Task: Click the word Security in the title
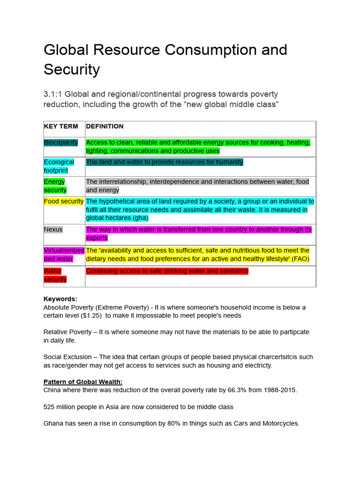[72, 69]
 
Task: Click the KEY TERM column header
[61, 127]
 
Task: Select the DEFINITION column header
[105, 127]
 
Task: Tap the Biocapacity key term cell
[61, 142]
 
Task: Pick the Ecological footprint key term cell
[59, 166]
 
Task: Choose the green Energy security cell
[55, 186]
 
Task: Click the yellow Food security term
[64, 202]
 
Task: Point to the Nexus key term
[53, 230]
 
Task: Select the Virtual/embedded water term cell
[64, 255]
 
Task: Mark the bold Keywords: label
[60, 299]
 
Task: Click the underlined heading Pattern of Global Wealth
[83, 382]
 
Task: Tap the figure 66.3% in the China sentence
[225, 390]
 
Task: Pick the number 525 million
[63, 407]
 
